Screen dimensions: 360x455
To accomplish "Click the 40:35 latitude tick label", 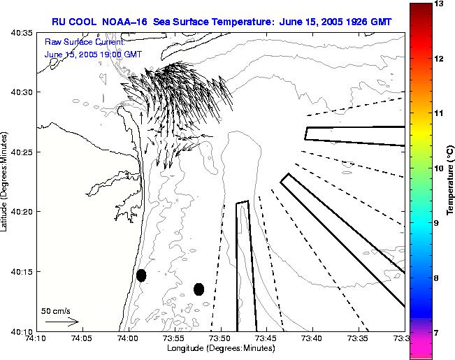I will coord(23,33).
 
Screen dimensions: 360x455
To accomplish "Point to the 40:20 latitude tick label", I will coord(23,212).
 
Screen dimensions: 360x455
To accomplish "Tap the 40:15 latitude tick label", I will coord(23,271).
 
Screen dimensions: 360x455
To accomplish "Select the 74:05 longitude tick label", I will coord(81,339).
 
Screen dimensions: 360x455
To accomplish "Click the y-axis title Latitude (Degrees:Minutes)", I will coord(6,182).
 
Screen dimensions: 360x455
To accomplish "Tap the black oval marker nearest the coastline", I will coord(141,275).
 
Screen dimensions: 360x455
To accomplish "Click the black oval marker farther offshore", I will coord(198,289).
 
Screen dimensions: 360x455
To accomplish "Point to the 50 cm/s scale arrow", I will coord(62,322).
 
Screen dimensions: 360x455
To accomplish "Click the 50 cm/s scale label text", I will coord(56,310).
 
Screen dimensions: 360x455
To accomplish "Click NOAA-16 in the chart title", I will coord(133,22).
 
